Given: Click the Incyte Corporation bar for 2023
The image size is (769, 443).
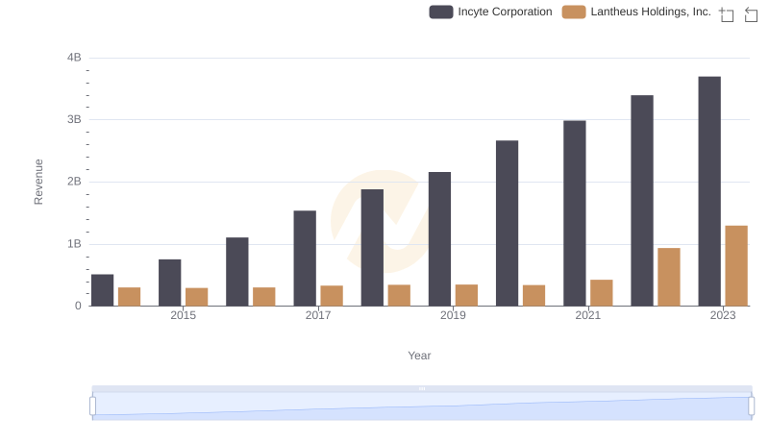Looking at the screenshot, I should [x=709, y=191].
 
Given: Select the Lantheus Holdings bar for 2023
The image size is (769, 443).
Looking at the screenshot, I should [x=736, y=266].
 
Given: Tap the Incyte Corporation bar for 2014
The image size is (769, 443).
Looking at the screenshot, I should [x=102, y=290].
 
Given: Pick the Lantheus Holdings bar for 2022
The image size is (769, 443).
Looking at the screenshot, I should [x=669, y=277].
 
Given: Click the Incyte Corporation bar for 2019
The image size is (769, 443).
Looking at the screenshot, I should [x=439, y=239].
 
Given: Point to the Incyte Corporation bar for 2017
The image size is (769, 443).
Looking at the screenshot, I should [x=305, y=258].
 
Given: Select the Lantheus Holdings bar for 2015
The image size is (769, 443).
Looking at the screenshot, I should [x=196, y=297].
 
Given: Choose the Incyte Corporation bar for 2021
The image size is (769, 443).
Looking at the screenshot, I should [x=575, y=213].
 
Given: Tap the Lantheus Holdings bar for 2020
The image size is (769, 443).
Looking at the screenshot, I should [x=533, y=296].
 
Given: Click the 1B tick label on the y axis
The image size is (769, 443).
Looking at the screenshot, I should [x=74, y=244].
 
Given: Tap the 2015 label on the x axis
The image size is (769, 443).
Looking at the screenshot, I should [x=184, y=315].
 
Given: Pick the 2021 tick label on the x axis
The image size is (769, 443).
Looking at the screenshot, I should [x=588, y=315].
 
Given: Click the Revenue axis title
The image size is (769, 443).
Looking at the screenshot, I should [x=38, y=182].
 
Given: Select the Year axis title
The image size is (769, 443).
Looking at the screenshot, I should [x=419, y=356].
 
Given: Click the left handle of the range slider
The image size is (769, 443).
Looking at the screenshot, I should [x=93, y=406].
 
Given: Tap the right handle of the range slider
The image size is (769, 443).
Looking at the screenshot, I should [x=752, y=406].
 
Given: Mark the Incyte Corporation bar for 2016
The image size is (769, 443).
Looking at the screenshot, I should [x=237, y=272].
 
